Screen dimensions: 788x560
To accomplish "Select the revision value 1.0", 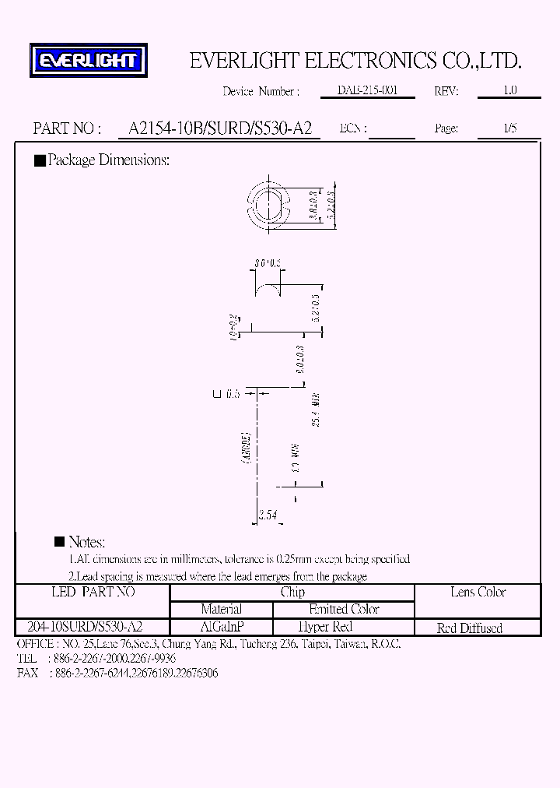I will click(509, 90).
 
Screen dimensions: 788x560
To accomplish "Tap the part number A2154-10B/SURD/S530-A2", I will click(214, 128).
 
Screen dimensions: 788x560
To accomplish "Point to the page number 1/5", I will click(509, 128).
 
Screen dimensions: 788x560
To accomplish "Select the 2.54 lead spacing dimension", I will click(267, 515).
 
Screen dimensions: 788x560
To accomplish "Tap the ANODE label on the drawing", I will click(245, 449).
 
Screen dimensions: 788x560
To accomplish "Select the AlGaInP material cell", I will click(222, 627).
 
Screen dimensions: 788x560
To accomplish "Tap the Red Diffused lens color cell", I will click(470, 628).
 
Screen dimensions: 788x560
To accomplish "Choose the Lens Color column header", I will click(478, 593).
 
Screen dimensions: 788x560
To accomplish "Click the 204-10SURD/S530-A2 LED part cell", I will click(85, 627).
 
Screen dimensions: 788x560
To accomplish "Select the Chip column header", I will click(292, 593).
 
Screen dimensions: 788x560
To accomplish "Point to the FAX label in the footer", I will click(27, 673).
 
